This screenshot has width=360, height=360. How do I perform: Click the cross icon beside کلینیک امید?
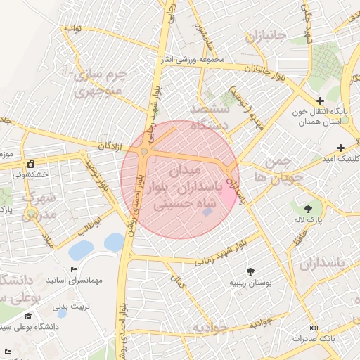[341, 148]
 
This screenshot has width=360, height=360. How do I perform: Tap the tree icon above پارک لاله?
[308, 208]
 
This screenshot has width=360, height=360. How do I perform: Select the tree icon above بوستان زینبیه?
[250, 271]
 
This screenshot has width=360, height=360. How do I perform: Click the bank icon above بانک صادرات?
[313, 328]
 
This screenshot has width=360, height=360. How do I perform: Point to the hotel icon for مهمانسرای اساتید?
[75, 270]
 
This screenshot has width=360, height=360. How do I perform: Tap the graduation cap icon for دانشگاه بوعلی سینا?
[27, 316]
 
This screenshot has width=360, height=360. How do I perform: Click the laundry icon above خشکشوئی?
[30, 163]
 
